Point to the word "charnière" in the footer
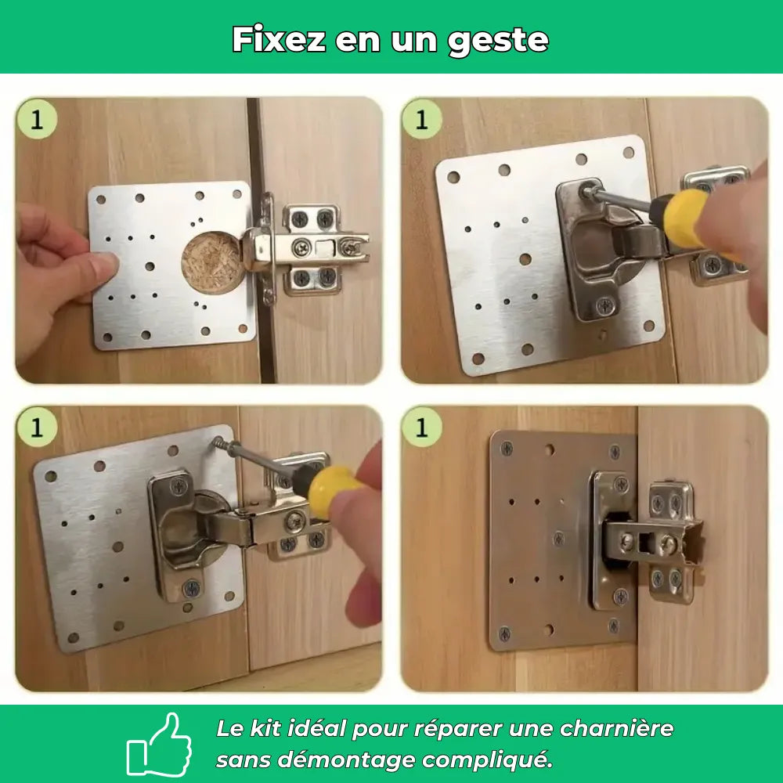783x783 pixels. [x=616, y=729]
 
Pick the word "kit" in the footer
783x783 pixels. [x=269, y=729]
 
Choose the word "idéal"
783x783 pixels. [x=320, y=729]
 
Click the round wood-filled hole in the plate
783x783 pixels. [x=211, y=260]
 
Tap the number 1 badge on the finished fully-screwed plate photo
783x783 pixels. [x=422, y=428]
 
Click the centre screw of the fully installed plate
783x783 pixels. [x=559, y=538]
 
